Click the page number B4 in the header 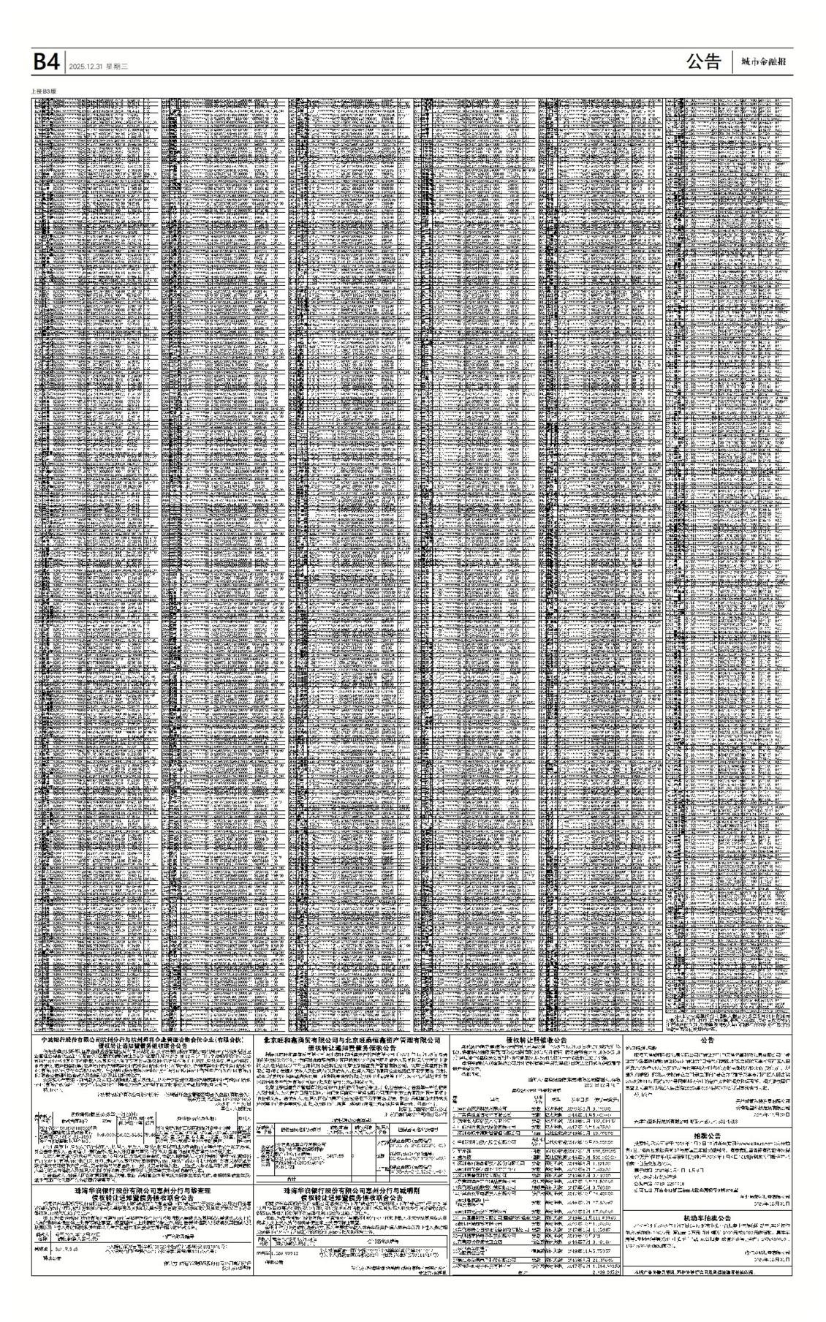(45, 63)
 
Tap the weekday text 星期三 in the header (117, 67)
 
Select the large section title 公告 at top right (702, 62)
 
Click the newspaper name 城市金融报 (763, 63)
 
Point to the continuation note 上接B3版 (44, 91)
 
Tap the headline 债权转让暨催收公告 (537, 1039)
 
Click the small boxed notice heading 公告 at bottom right (707, 1039)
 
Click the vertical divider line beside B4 (65, 63)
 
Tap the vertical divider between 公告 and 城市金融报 (732, 63)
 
